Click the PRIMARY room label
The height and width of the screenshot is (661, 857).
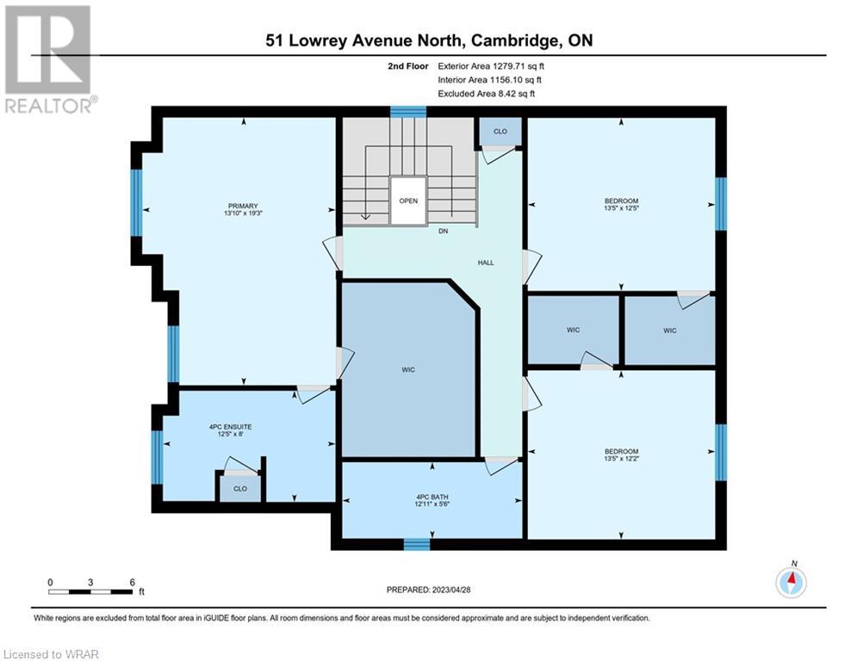(243, 206)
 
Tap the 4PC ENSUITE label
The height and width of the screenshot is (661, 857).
(230, 427)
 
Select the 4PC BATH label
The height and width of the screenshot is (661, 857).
(432, 497)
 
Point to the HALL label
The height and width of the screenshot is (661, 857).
(485, 263)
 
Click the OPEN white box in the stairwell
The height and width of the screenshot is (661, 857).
(408, 201)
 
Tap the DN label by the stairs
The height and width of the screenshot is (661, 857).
(443, 231)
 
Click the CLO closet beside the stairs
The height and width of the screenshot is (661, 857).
(500, 131)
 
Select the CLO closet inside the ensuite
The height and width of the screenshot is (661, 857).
(240, 488)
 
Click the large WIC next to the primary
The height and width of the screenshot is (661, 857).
(408, 369)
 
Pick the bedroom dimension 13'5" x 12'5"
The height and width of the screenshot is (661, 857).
(622, 208)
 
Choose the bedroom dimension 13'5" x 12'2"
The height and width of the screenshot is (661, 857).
(622, 459)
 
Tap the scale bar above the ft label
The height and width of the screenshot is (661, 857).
(90, 591)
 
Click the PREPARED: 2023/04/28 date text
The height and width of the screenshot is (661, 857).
(429, 590)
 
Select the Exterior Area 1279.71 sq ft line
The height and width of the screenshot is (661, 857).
(491, 66)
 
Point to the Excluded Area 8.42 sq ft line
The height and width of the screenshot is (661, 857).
(487, 94)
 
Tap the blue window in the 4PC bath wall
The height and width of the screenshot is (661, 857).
(417, 544)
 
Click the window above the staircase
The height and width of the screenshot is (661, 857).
(407, 112)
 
